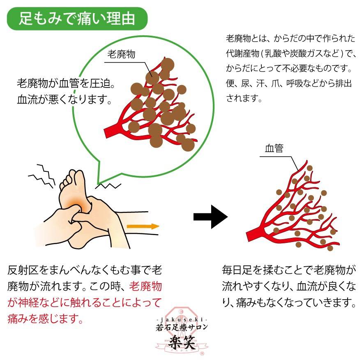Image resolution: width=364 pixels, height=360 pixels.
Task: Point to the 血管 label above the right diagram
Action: click(x=274, y=148)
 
